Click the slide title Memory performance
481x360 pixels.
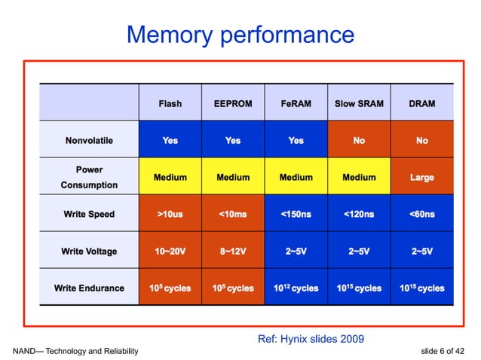tap(240, 34)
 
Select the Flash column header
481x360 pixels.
tap(170, 103)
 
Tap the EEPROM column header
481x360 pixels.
tap(233, 103)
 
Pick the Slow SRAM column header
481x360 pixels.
tap(359, 103)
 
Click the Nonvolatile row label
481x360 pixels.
tap(90, 141)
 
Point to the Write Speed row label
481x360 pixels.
tap(90, 215)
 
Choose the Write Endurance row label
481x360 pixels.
tap(90, 288)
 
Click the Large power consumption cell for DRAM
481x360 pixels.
tap(421, 178)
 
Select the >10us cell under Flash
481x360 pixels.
tap(170, 215)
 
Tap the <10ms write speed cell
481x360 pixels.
tap(233, 215)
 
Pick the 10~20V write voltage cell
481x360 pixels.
tap(170, 252)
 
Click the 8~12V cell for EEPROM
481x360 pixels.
tap(233, 252)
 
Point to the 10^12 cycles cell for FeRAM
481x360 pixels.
tap(296, 288)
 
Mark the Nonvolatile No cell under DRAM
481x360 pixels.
tap(421, 141)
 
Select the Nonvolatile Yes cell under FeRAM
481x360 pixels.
tap(296, 141)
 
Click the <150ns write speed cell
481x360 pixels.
tap(296, 215)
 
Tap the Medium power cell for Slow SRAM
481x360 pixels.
tap(359, 178)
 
